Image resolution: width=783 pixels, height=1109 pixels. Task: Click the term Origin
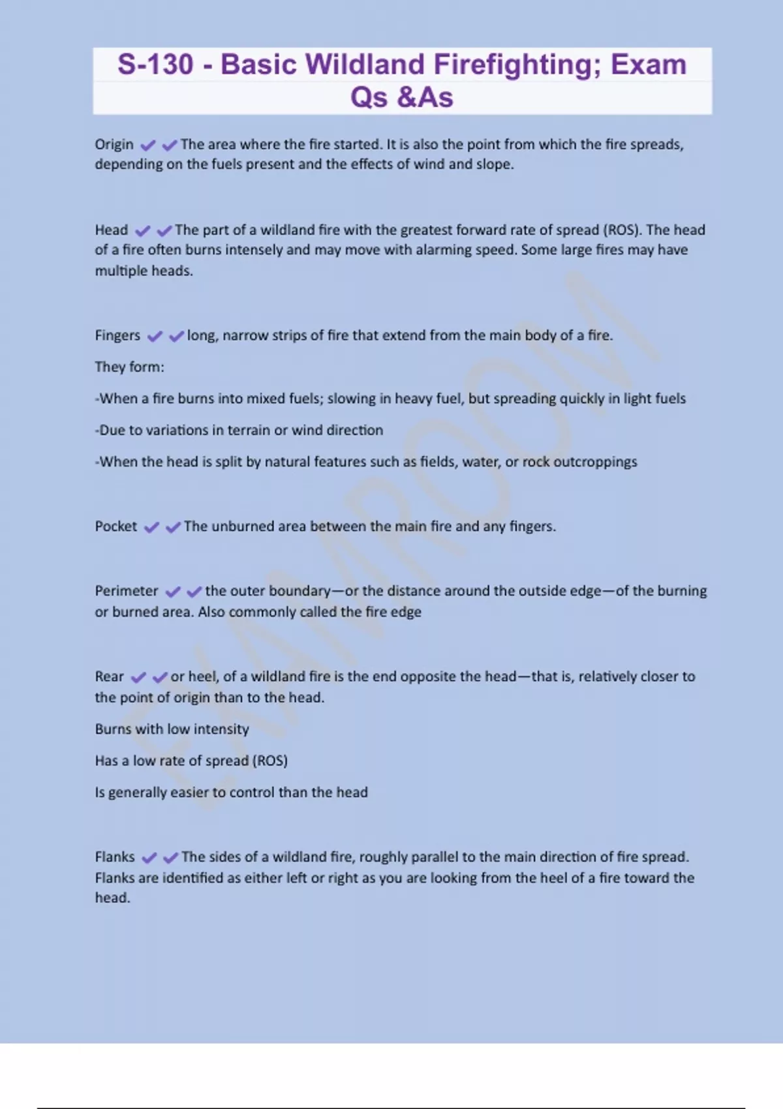pyautogui.click(x=114, y=144)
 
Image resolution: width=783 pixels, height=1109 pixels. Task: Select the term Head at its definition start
pyautogui.click(x=112, y=230)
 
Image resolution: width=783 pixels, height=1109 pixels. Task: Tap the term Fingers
pyautogui.click(x=117, y=335)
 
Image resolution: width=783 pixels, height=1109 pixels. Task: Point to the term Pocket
pyautogui.click(x=116, y=526)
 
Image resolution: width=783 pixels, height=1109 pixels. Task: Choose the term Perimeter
pyautogui.click(x=127, y=591)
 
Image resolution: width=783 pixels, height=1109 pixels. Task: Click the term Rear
pyautogui.click(x=109, y=676)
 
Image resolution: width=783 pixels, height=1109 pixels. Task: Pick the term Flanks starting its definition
pyautogui.click(x=115, y=857)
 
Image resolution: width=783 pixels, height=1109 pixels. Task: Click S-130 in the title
pyautogui.click(x=155, y=65)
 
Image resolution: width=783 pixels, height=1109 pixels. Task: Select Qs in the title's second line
pyautogui.click(x=369, y=97)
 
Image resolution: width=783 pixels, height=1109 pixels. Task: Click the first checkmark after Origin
pyautogui.click(x=148, y=145)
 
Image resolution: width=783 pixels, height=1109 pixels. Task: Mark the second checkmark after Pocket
pyautogui.click(x=173, y=527)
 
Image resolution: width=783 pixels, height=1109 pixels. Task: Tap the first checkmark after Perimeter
pyautogui.click(x=172, y=592)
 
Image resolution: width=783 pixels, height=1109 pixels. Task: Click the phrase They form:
pyautogui.click(x=129, y=367)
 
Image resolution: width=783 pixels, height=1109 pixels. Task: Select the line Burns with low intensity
pyautogui.click(x=172, y=729)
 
